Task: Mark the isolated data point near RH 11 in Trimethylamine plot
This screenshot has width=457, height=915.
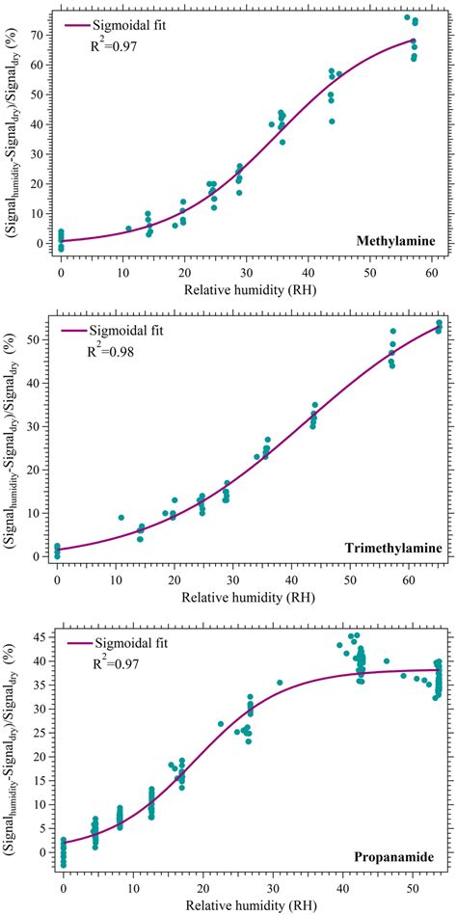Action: coord(121,518)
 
